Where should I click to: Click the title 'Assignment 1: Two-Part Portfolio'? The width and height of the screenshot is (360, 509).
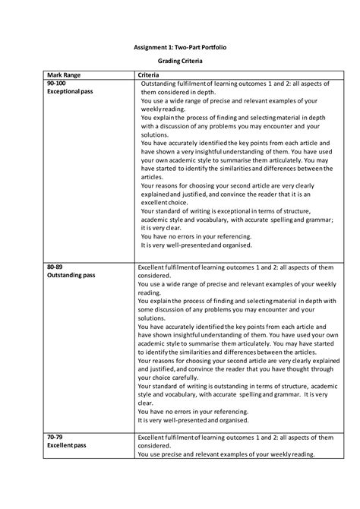click(179, 47)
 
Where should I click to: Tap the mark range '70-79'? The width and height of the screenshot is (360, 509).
click(55, 438)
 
